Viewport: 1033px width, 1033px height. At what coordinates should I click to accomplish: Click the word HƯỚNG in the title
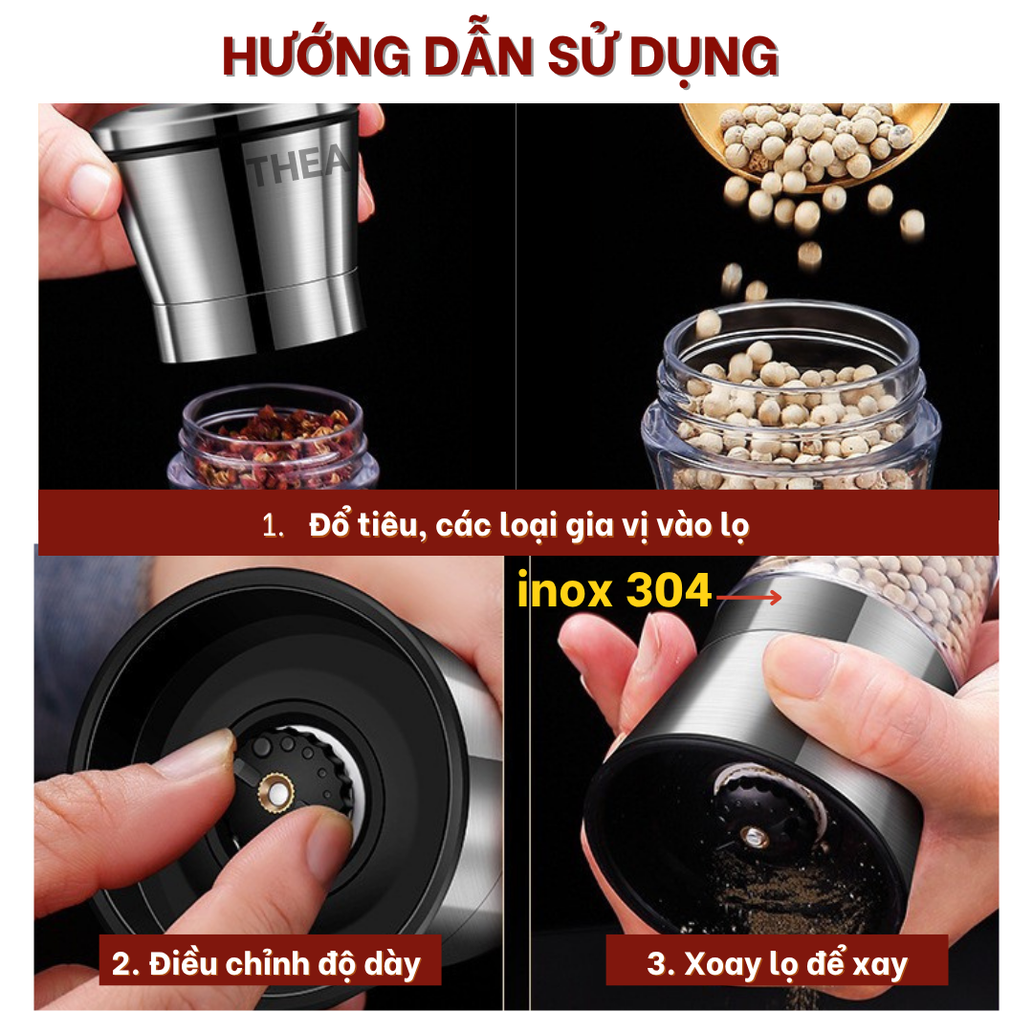pos(317,56)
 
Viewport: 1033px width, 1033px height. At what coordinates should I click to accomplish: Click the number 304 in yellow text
pos(669,589)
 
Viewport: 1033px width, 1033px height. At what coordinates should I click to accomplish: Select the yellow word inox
pos(564,589)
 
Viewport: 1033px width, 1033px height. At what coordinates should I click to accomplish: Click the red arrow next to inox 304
pos(748,598)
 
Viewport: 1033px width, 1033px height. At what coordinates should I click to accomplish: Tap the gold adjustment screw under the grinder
pos(276,791)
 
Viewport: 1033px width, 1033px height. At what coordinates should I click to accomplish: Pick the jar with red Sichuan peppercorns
pos(273,437)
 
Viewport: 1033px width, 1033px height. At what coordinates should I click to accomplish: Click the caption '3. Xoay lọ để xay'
pos(777,964)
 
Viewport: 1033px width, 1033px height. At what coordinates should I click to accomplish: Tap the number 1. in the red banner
pos(273,526)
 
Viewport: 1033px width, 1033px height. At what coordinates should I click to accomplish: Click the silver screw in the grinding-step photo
pos(755,837)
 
